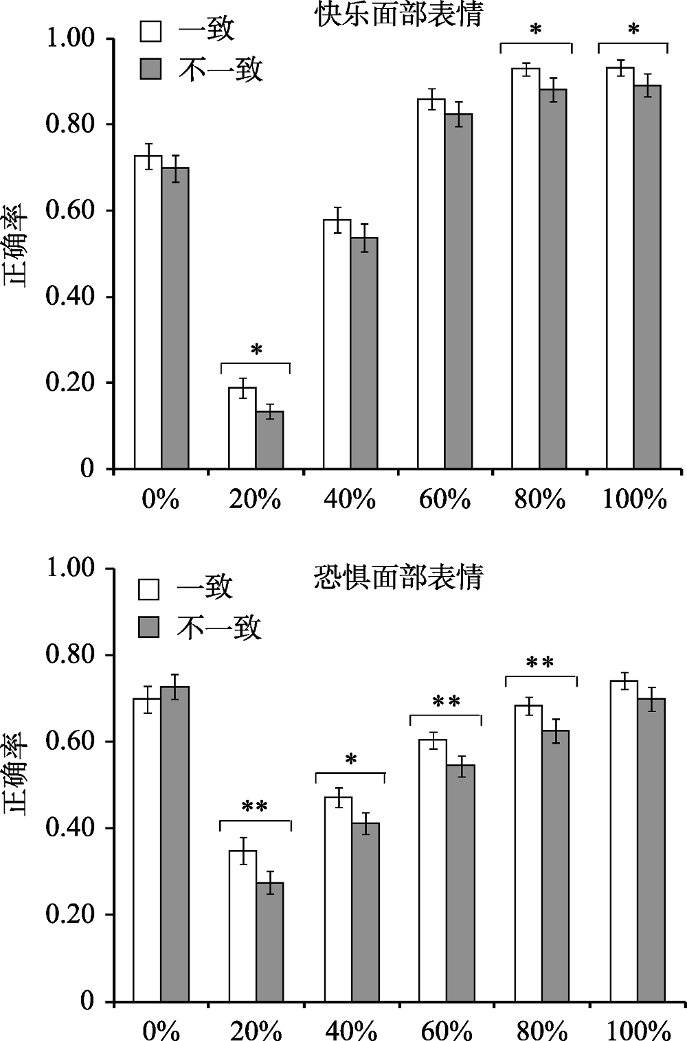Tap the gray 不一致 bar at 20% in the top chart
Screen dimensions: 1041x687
pos(269,439)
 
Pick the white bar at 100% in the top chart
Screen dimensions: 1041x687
pos(620,268)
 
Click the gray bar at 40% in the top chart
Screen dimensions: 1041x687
pos(364,353)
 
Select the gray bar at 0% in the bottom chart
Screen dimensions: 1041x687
pos(174,844)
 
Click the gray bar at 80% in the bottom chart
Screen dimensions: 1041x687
pos(554,866)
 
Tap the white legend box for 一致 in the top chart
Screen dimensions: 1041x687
pos(151,31)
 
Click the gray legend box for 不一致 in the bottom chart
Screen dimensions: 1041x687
pos(149,627)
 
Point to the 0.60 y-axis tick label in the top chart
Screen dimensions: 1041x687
pos(69,210)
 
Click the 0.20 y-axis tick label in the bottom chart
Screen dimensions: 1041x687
pos(69,915)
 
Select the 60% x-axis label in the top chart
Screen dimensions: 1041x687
pos(444,499)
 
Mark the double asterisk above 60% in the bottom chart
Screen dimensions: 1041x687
pos(446,702)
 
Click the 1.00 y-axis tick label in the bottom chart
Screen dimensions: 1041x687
pos(69,569)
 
